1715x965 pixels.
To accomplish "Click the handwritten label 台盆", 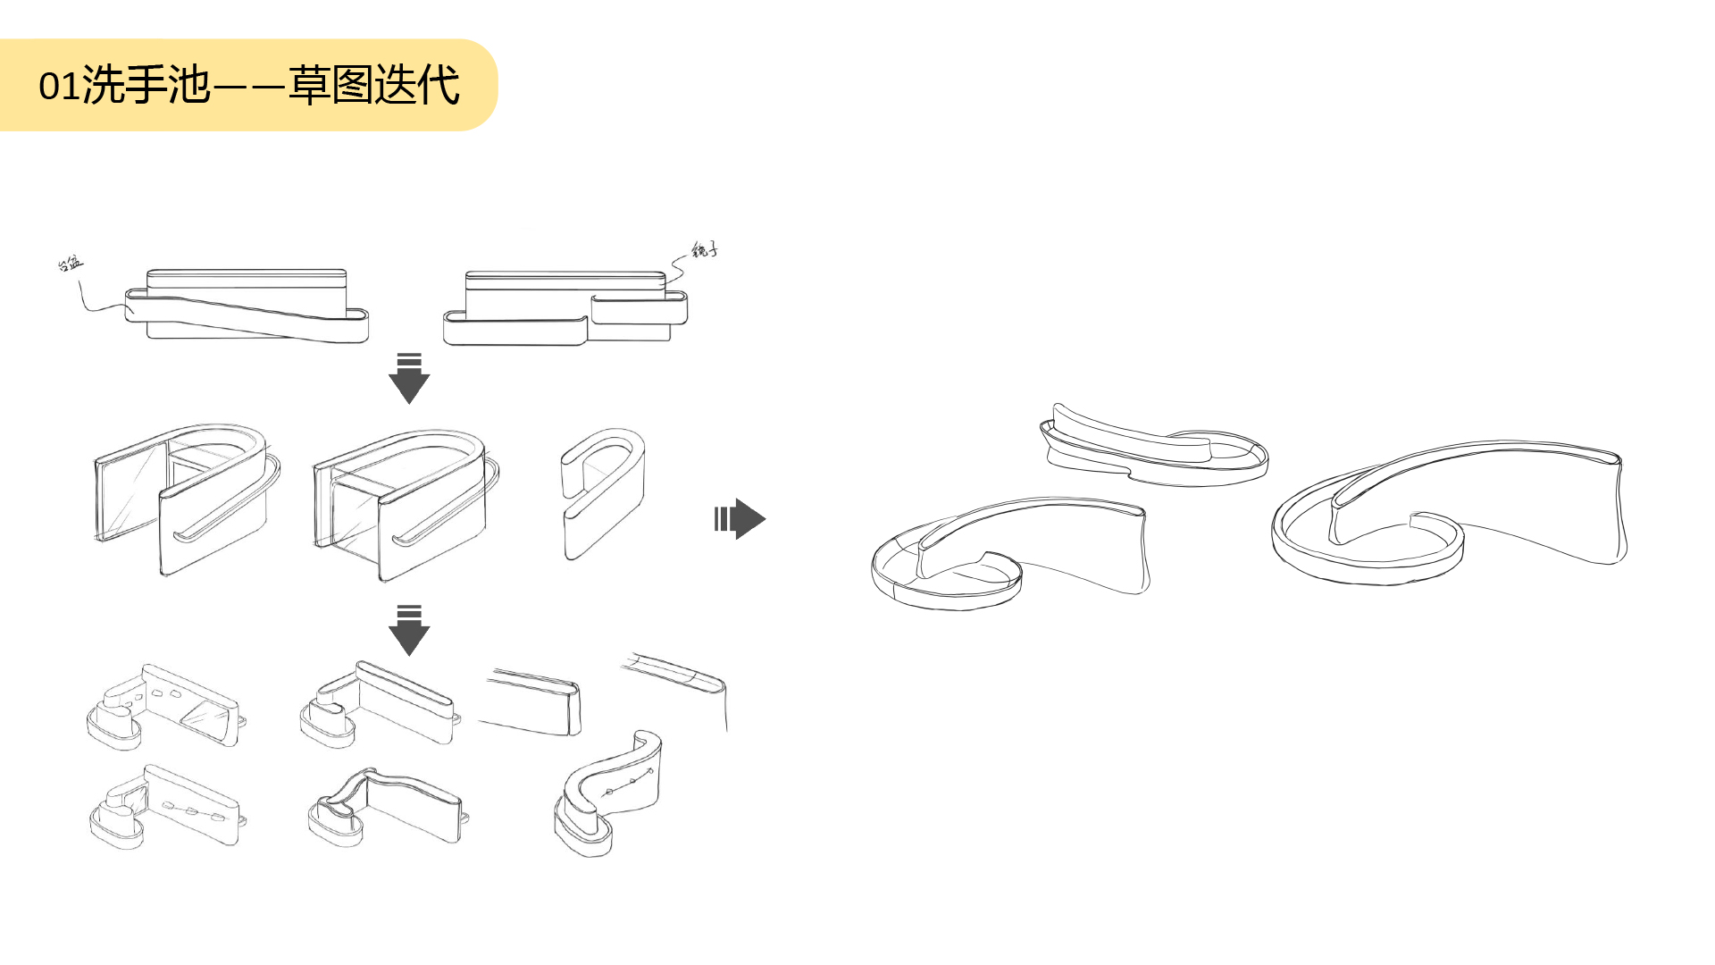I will click(70, 264).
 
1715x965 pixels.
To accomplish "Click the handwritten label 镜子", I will click(705, 250).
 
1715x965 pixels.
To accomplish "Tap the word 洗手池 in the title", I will click(146, 86).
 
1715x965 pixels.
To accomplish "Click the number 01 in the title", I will click(59, 87).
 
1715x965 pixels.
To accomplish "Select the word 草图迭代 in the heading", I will click(373, 86).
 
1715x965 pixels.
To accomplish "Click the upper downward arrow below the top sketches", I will click(409, 379).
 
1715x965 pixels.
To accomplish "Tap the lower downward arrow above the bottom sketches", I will click(409, 631).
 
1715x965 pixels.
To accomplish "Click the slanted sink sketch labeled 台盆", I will click(247, 306).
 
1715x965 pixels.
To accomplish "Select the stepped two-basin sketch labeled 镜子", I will click(565, 308).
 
